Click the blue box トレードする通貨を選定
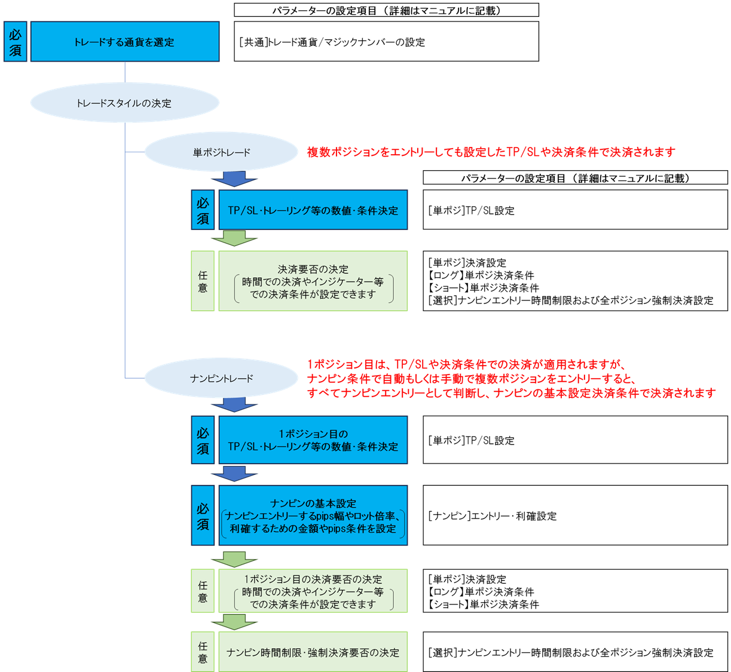(x=125, y=42)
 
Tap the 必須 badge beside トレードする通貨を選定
(x=16, y=42)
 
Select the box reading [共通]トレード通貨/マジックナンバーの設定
(x=386, y=42)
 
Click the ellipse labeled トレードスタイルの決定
(x=125, y=103)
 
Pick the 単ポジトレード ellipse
(x=222, y=152)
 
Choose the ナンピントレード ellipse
(x=222, y=378)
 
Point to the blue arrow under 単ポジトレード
(x=234, y=179)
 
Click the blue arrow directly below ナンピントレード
(x=234, y=404)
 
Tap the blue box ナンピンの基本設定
(x=313, y=515)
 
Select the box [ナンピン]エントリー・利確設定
(x=576, y=515)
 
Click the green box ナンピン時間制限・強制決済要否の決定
(x=313, y=652)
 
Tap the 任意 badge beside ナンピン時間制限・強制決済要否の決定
(x=203, y=652)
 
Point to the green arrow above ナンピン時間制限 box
(x=234, y=622)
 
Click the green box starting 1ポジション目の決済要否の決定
(x=313, y=591)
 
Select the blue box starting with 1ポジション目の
(x=313, y=440)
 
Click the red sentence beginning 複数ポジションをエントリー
(x=491, y=152)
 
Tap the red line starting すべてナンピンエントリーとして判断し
(x=511, y=394)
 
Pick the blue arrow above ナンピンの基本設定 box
(x=234, y=474)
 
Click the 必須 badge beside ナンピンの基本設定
(x=203, y=515)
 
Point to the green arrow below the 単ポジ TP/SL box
(x=234, y=238)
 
